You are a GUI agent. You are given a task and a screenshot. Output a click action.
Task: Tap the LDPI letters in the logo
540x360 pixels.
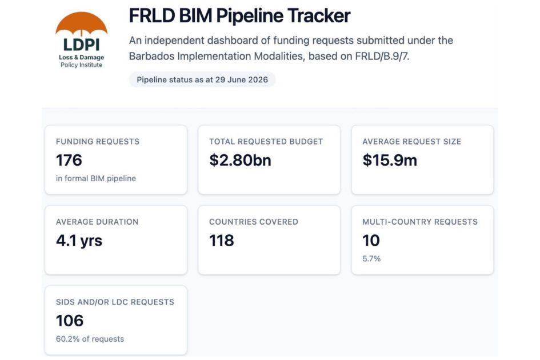click(81, 45)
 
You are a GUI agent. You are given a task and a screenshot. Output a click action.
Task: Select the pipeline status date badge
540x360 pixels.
click(202, 79)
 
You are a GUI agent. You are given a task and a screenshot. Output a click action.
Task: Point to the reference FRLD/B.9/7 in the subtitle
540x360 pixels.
click(382, 56)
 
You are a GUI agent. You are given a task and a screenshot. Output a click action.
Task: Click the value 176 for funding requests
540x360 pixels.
click(69, 160)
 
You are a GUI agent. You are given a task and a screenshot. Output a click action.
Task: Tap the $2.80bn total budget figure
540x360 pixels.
click(240, 160)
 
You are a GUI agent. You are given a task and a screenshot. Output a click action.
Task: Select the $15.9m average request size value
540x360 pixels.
click(390, 160)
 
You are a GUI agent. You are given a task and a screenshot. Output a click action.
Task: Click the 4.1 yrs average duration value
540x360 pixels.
click(79, 241)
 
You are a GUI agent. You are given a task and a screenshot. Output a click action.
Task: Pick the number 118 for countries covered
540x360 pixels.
click(222, 241)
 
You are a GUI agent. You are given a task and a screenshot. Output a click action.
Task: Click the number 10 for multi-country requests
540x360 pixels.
click(371, 241)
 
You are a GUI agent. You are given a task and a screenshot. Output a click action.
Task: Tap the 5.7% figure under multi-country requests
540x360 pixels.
click(371, 259)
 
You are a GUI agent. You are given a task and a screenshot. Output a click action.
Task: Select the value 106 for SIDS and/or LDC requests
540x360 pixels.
click(70, 321)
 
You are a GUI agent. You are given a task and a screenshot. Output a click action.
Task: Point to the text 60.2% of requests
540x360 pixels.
click(90, 339)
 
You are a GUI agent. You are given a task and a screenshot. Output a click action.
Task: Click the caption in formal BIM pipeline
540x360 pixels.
click(96, 178)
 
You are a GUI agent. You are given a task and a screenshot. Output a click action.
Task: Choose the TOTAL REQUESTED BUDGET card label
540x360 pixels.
click(266, 142)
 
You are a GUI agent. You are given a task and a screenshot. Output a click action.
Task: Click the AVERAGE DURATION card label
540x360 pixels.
click(97, 222)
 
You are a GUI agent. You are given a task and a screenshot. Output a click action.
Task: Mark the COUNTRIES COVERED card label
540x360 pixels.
click(254, 222)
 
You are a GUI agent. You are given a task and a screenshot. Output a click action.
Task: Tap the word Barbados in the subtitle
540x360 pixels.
click(151, 56)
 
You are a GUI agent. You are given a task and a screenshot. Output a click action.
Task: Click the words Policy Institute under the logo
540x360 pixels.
click(81, 65)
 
